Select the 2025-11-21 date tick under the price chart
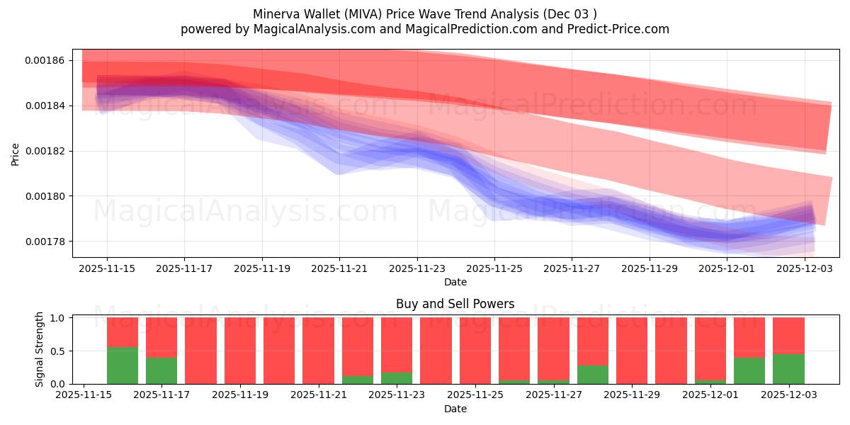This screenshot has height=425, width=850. [x=339, y=269]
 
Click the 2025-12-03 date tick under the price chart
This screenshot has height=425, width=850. [x=805, y=269]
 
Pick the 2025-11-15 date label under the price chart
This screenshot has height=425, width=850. [x=107, y=269]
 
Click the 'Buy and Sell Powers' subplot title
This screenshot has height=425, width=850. [x=455, y=304]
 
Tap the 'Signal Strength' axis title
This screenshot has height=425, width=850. [x=40, y=349]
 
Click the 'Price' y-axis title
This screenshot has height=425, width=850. [x=16, y=154]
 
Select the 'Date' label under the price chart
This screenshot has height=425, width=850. [x=455, y=282]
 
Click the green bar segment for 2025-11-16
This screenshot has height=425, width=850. [x=123, y=365]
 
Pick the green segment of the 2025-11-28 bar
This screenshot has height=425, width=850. [x=593, y=375]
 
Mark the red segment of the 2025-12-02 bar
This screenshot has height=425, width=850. [x=749, y=337]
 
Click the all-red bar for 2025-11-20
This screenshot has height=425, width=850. [x=279, y=351]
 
